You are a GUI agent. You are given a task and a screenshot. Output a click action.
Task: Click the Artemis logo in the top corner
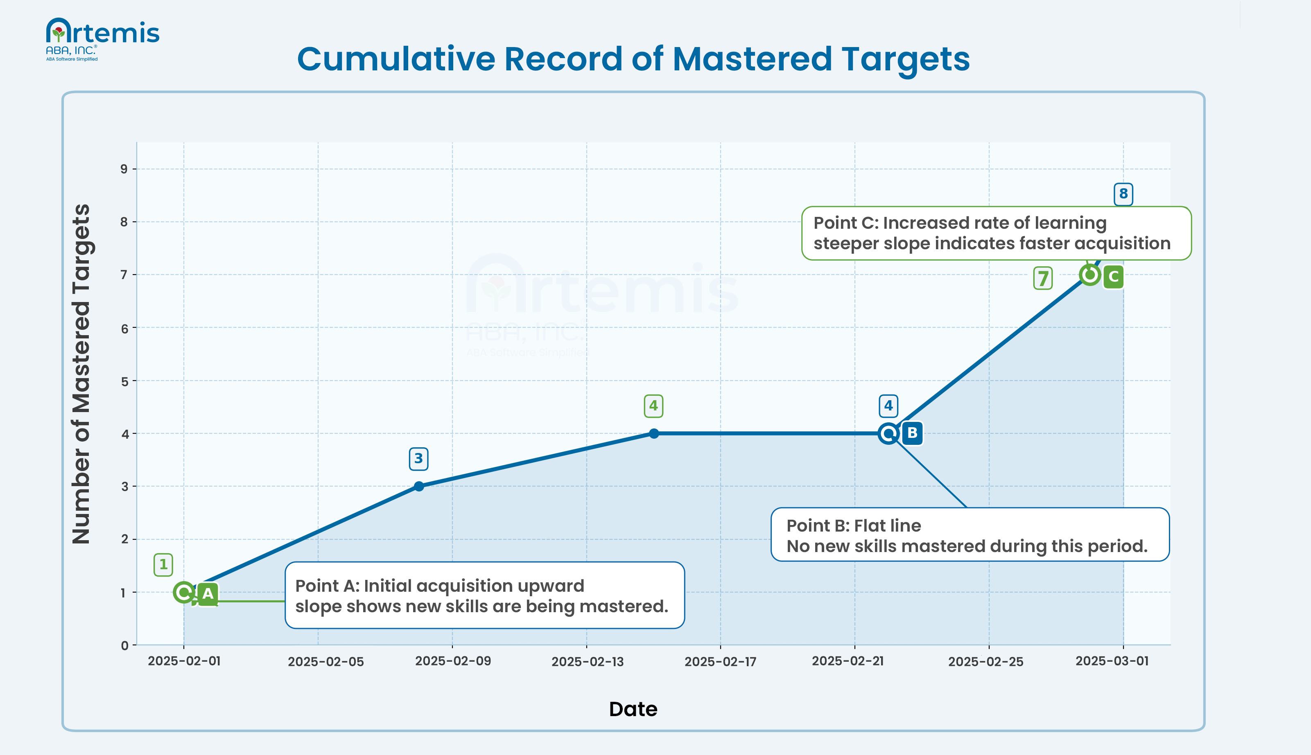click(102, 39)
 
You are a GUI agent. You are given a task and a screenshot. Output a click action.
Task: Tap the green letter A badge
click(208, 594)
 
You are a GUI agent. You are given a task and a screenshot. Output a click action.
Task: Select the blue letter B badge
click(912, 433)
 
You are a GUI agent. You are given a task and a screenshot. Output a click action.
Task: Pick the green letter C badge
click(1113, 276)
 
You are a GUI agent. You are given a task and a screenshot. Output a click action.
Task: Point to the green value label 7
click(1042, 278)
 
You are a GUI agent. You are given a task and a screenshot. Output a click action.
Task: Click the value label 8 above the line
click(1123, 194)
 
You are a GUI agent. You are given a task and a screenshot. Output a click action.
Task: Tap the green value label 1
click(163, 565)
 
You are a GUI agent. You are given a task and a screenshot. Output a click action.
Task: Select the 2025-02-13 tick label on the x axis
click(587, 662)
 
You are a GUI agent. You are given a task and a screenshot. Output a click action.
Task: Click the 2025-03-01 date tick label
click(1112, 661)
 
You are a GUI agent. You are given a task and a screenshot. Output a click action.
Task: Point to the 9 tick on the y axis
click(124, 169)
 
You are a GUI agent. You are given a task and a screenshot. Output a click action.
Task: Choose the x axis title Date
click(633, 709)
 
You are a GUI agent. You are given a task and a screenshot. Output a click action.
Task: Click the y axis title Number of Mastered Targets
click(81, 373)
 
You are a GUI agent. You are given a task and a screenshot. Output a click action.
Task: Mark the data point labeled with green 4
click(654, 433)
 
